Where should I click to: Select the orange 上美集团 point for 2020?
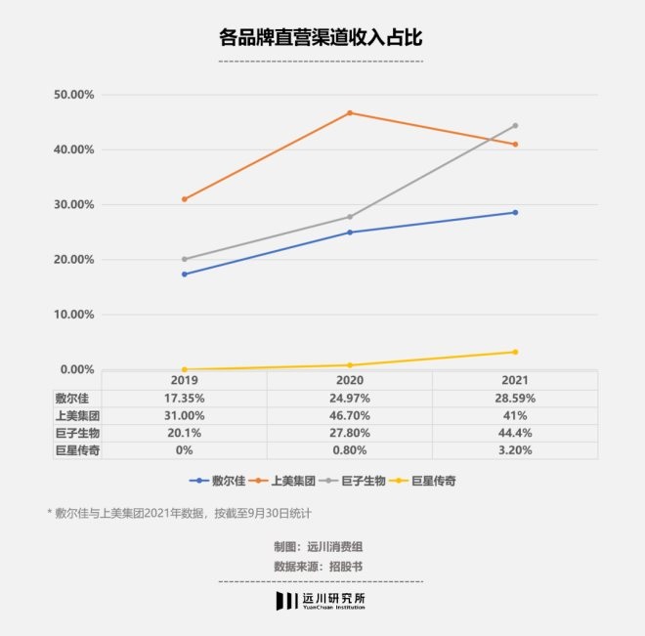tap(350, 113)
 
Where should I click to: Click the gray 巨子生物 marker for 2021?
tap(515, 126)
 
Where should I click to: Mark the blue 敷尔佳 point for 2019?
tap(185, 275)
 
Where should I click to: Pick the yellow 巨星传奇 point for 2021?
tap(515, 352)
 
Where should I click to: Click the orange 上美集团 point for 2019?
tap(185, 199)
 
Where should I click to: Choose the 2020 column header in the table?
tap(350, 380)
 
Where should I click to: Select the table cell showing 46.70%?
tap(350, 415)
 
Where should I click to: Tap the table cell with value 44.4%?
tap(515, 433)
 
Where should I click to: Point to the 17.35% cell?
tap(185, 398)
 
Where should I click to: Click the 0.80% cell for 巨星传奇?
tap(350, 450)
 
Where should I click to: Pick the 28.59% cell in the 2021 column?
tap(515, 398)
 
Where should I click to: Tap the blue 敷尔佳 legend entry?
tap(217, 481)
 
